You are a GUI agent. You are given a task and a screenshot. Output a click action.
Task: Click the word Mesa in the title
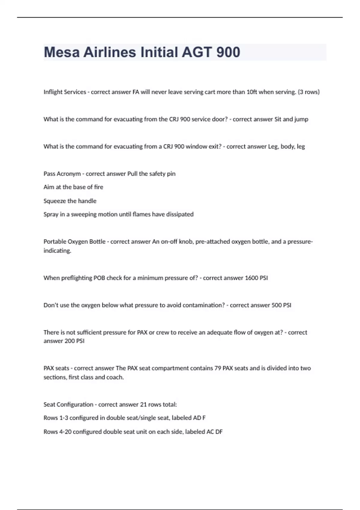62,52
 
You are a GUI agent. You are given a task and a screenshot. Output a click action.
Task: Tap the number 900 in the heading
228,52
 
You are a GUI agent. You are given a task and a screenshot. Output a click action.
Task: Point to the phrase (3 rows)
308,92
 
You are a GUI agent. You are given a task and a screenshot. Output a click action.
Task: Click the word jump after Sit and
301,119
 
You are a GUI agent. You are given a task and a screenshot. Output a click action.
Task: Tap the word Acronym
69,174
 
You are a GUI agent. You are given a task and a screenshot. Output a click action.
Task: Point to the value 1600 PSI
256,278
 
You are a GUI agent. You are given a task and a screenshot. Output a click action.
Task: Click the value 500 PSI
281,305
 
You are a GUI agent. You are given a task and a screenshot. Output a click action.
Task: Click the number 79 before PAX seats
218,368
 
